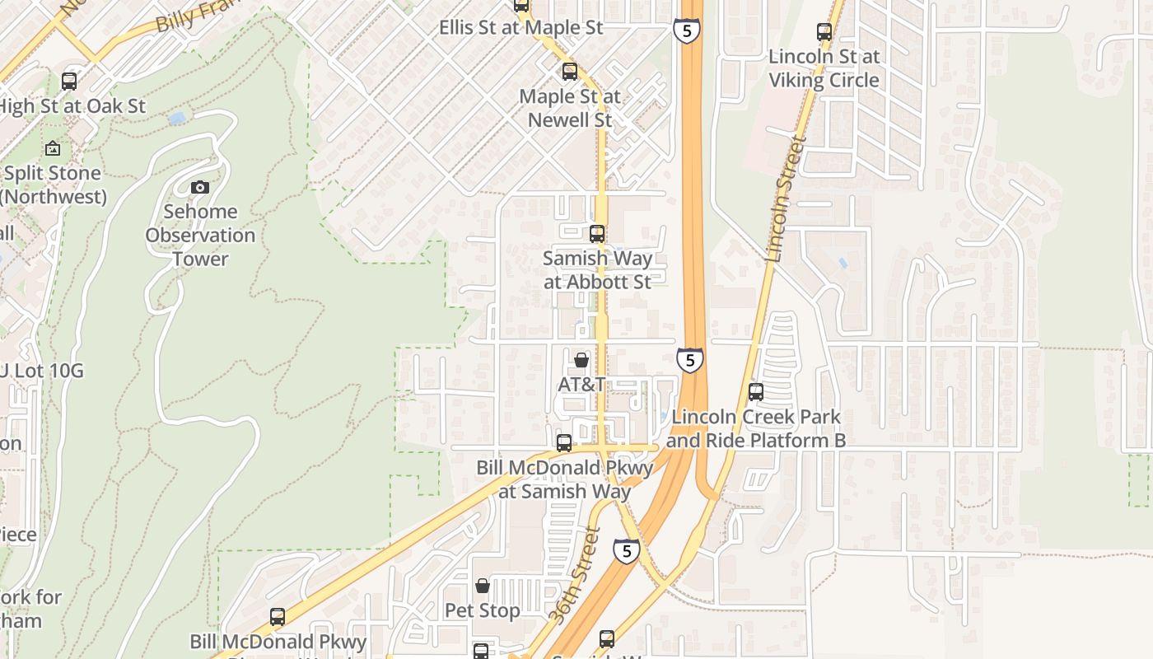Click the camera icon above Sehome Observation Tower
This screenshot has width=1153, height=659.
coord(199,188)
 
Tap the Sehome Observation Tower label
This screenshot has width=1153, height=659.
coord(200,235)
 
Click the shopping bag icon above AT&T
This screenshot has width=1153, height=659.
coord(581,360)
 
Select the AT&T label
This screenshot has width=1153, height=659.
coord(581,385)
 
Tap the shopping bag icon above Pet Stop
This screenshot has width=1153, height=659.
coord(483,586)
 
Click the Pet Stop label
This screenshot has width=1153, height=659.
coord(482,610)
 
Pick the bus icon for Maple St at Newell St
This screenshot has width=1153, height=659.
coord(569,72)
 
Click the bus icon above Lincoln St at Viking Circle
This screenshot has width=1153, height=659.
coord(824,32)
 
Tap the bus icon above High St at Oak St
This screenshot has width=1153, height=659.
coord(69,82)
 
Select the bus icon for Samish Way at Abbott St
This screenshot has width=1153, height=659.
coord(597,234)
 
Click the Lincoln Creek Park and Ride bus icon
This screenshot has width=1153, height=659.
coord(756,392)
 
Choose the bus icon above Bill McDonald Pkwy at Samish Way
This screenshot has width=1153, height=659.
coord(564,443)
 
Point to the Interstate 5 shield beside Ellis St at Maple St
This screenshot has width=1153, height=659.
coord(686,31)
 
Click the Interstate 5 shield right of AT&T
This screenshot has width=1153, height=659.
coord(690,360)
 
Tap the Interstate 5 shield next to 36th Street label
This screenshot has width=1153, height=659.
coord(626,550)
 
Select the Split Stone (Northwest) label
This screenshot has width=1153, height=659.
coord(53,185)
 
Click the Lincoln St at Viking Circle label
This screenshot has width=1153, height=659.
coord(824,68)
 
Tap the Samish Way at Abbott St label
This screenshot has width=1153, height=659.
coord(597,269)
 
